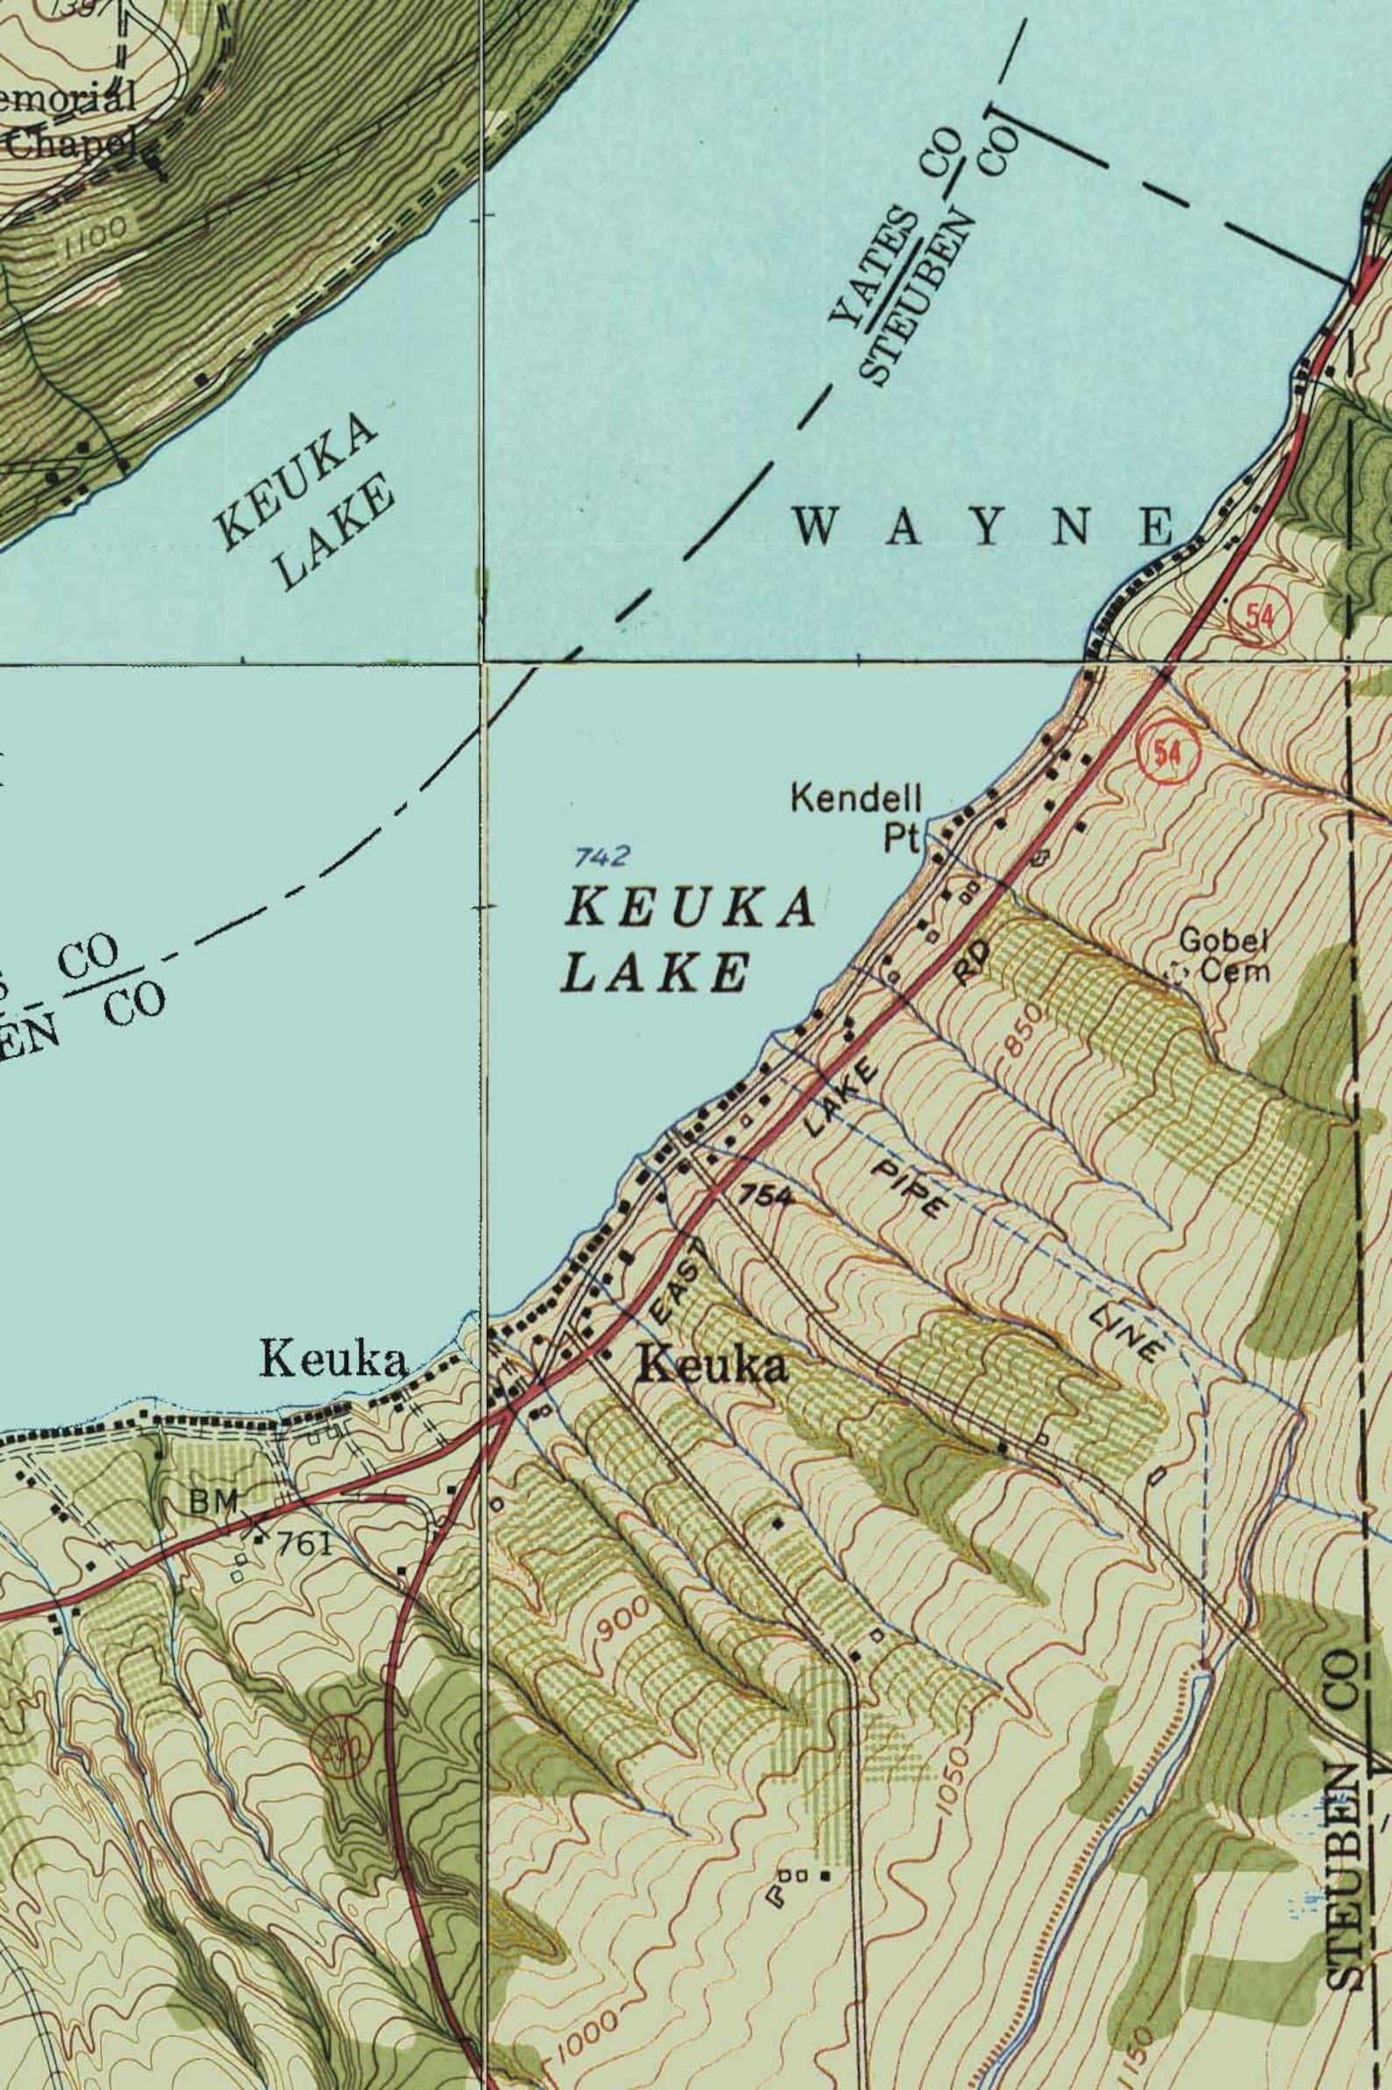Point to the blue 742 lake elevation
[601, 857]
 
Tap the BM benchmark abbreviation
[214, 1502]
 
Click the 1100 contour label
[95, 236]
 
